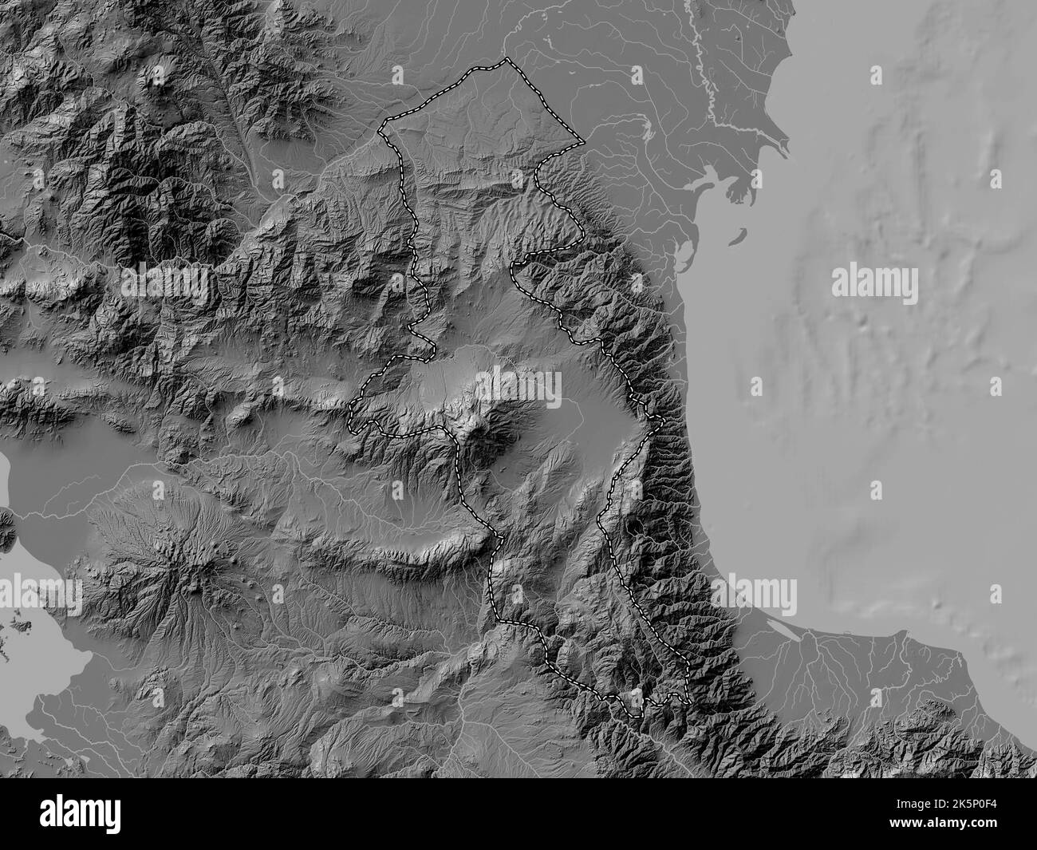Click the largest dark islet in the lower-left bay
coord(8,523)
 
